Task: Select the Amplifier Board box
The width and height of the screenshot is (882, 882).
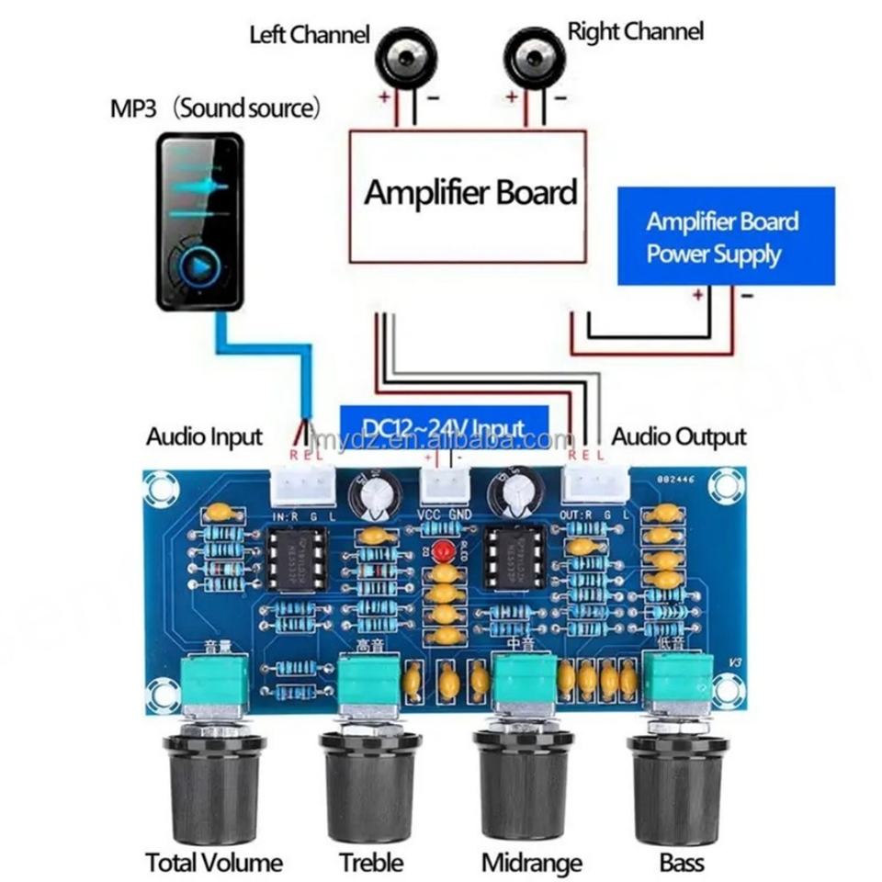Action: [x=468, y=195]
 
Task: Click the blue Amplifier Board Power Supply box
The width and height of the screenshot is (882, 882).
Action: [x=726, y=236]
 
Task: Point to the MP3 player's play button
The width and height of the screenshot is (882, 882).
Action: [x=199, y=266]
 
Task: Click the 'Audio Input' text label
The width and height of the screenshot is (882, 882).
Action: [x=204, y=437]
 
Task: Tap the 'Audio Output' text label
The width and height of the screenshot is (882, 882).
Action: [x=679, y=437]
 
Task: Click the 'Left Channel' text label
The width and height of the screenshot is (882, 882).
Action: [x=310, y=35]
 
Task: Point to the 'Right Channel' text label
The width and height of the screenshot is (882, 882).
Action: [x=635, y=31]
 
